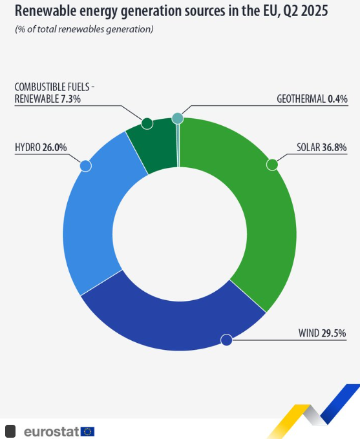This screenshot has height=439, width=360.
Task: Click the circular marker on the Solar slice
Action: pyautogui.click(x=272, y=165)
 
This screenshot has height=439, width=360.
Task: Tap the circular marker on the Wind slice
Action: pyautogui.click(x=226, y=340)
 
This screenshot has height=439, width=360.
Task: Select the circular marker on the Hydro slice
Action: pyautogui.click(x=85, y=166)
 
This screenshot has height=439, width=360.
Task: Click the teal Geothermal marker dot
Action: pyautogui.click(x=177, y=118)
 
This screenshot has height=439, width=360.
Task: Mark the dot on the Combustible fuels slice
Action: pyautogui.click(x=147, y=123)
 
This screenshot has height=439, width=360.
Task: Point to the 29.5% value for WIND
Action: pyautogui.click(x=334, y=334)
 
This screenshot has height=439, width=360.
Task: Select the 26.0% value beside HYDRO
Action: pyautogui.click(x=55, y=148)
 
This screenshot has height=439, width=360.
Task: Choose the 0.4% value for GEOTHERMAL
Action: pyautogui.click(x=337, y=99)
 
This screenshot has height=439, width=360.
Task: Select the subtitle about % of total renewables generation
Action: pyautogui.click(x=84, y=30)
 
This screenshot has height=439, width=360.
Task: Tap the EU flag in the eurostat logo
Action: pyautogui.click(x=87, y=431)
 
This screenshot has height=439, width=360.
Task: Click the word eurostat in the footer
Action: pyautogui.click(x=51, y=431)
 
